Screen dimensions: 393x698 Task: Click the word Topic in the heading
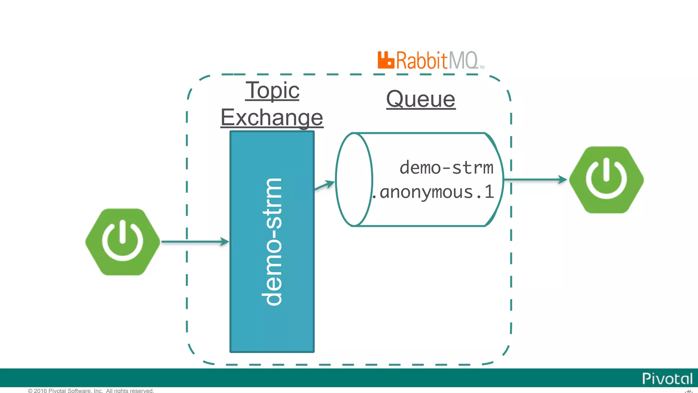(x=272, y=90)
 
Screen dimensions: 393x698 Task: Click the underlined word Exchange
(x=272, y=117)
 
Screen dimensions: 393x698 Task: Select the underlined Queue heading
(x=421, y=99)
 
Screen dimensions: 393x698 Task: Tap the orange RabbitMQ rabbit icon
(x=385, y=60)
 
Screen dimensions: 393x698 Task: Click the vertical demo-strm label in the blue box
(x=272, y=242)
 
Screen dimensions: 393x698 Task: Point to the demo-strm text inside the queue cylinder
(x=446, y=168)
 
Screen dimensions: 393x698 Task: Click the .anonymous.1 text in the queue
(x=433, y=192)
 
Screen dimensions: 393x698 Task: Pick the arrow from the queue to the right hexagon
(x=535, y=179)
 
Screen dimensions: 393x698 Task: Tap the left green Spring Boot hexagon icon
(x=122, y=242)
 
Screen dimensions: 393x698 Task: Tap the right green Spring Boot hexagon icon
(x=606, y=180)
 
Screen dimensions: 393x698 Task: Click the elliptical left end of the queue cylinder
(x=354, y=179)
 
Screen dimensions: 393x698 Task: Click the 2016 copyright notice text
(x=91, y=391)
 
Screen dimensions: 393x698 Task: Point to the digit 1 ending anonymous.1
(x=489, y=192)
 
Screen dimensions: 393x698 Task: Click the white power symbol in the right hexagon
(x=606, y=178)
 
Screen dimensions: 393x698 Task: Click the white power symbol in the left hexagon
(x=122, y=240)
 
